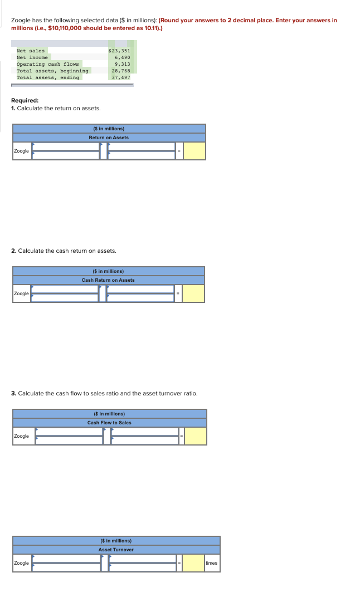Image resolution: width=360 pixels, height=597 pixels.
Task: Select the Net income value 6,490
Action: coord(122,57)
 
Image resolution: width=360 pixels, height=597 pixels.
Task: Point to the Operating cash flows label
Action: coord(47,64)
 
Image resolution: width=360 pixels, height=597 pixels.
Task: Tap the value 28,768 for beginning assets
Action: coord(121,71)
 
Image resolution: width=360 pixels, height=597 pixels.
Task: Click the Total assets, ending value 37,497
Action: coord(121,77)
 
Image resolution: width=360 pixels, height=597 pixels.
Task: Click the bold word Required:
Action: coord(25,101)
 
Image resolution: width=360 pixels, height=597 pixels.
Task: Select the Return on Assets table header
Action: coord(109,138)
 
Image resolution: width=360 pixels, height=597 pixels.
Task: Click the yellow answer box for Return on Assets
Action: coord(194,151)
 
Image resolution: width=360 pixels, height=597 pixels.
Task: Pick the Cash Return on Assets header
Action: coord(108,280)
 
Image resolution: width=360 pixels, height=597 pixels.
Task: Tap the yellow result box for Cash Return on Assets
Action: coord(193,293)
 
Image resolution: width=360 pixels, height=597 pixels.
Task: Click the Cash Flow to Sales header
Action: coord(109,423)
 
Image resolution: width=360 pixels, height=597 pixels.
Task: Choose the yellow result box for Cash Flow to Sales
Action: coord(195,436)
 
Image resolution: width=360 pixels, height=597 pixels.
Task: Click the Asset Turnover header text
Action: coord(116,550)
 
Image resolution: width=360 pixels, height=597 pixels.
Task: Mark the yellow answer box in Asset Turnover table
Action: coord(193,563)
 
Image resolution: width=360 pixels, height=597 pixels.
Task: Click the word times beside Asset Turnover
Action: coord(211,563)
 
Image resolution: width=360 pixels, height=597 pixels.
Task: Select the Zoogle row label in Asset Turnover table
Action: coord(21,563)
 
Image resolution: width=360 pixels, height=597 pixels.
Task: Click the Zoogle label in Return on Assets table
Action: coord(21,151)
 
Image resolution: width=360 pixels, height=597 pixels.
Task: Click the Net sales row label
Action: coord(31,51)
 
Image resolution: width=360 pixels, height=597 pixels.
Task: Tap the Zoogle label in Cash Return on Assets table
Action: coord(21,293)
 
